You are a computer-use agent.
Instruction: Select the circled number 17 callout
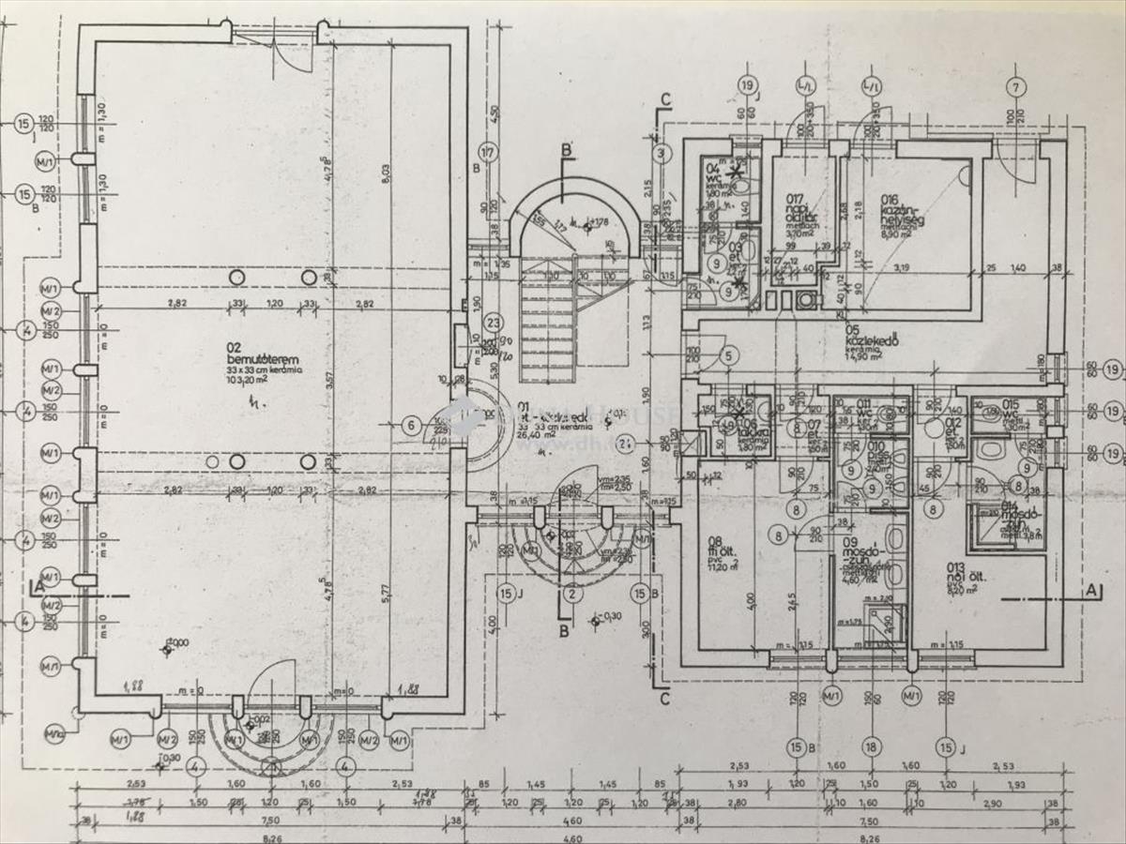pos(487,152)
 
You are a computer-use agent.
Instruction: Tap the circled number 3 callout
pos(662,152)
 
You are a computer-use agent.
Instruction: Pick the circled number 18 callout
pos(872,747)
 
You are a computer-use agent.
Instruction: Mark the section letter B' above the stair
pos(566,150)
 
